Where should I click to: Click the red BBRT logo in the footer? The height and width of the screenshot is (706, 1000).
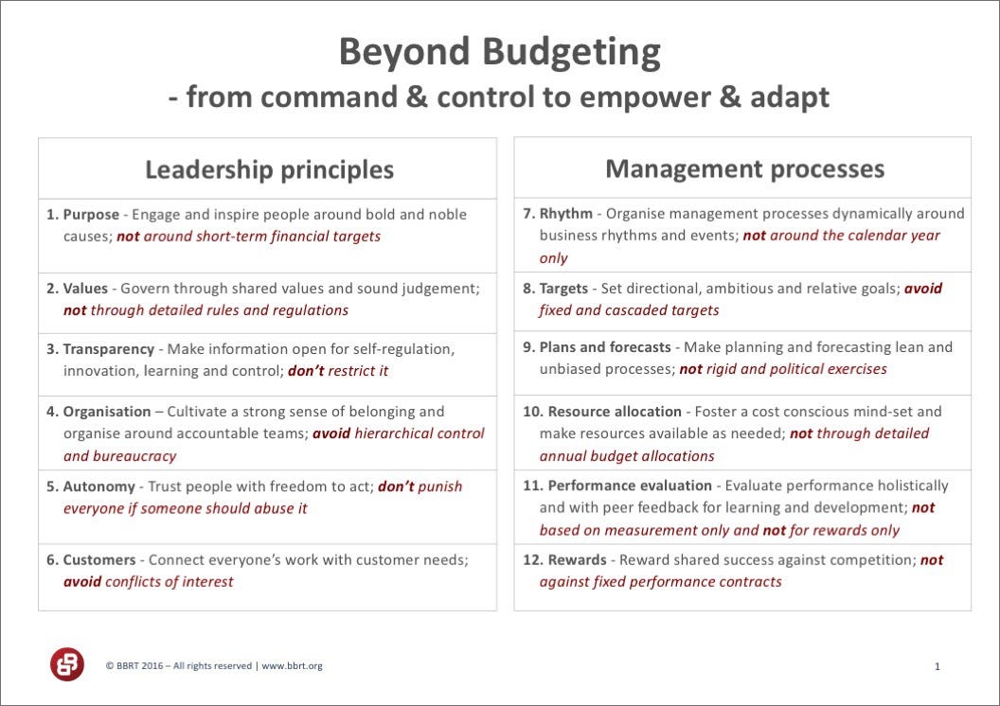pyautogui.click(x=67, y=664)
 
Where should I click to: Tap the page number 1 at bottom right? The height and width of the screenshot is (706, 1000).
pyautogui.click(x=937, y=666)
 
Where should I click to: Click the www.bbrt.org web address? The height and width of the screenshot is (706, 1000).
pyautogui.click(x=292, y=666)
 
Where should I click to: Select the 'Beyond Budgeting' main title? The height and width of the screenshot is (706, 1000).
pyautogui.click(x=499, y=52)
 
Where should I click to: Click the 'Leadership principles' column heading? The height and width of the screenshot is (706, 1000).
pyautogui.click(x=269, y=169)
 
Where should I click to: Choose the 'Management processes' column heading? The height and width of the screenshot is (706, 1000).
pyautogui.click(x=745, y=168)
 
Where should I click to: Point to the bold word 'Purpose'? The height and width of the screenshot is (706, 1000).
pyautogui.click(x=91, y=215)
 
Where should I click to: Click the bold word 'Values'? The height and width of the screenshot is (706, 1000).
pyautogui.click(x=85, y=289)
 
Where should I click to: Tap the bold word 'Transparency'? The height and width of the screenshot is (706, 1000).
pyautogui.click(x=108, y=349)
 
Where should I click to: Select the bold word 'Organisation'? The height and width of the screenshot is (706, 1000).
pyautogui.click(x=107, y=412)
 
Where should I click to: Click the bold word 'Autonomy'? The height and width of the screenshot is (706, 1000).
pyautogui.click(x=98, y=486)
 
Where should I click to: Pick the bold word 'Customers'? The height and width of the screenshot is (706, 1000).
pyautogui.click(x=99, y=560)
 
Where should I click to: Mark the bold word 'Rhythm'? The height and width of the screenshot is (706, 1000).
pyautogui.click(x=566, y=214)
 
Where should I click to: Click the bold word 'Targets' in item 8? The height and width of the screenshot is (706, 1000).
pyautogui.click(x=563, y=289)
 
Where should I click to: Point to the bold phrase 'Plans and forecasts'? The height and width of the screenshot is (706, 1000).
pyautogui.click(x=605, y=347)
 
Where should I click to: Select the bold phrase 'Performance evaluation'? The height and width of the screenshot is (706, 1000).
pyautogui.click(x=630, y=485)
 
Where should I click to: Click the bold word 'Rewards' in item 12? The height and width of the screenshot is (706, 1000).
pyautogui.click(x=577, y=560)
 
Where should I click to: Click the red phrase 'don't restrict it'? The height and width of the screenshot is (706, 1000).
pyautogui.click(x=338, y=371)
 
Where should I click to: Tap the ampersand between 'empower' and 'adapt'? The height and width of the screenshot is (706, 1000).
pyautogui.click(x=729, y=97)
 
